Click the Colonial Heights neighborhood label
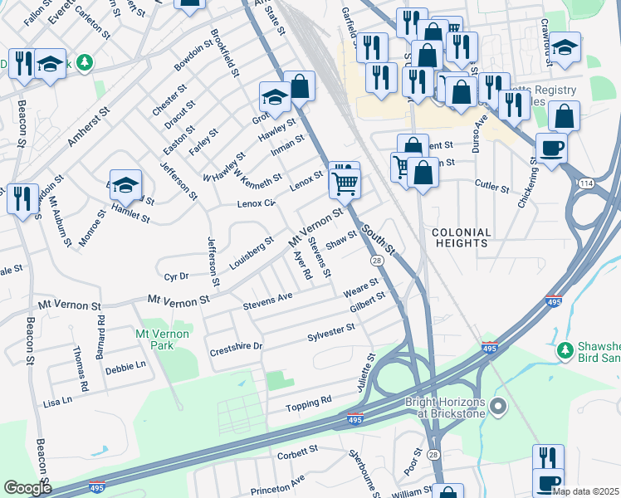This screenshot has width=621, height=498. (x=461, y=237)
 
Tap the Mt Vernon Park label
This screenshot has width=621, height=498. (x=162, y=339)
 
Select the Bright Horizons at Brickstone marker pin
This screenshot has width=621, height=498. (x=498, y=406)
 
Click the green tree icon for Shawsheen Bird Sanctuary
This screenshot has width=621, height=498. (x=565, y=349)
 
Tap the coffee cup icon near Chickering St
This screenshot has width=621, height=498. (x=551, y=149)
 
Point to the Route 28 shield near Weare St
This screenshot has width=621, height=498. (x=377, y=261)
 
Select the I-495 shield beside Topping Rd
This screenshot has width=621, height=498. (x=355, y=418)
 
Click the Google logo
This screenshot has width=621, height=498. (x=28, y=488)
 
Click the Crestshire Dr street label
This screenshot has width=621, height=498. (x=236, y=346)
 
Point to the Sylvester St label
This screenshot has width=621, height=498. (x=331, y=331)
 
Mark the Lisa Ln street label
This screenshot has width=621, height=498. (x=56, y=401)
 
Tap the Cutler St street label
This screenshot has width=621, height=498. (x=491, y=188)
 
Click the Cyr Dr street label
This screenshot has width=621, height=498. (x=177, y=276)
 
